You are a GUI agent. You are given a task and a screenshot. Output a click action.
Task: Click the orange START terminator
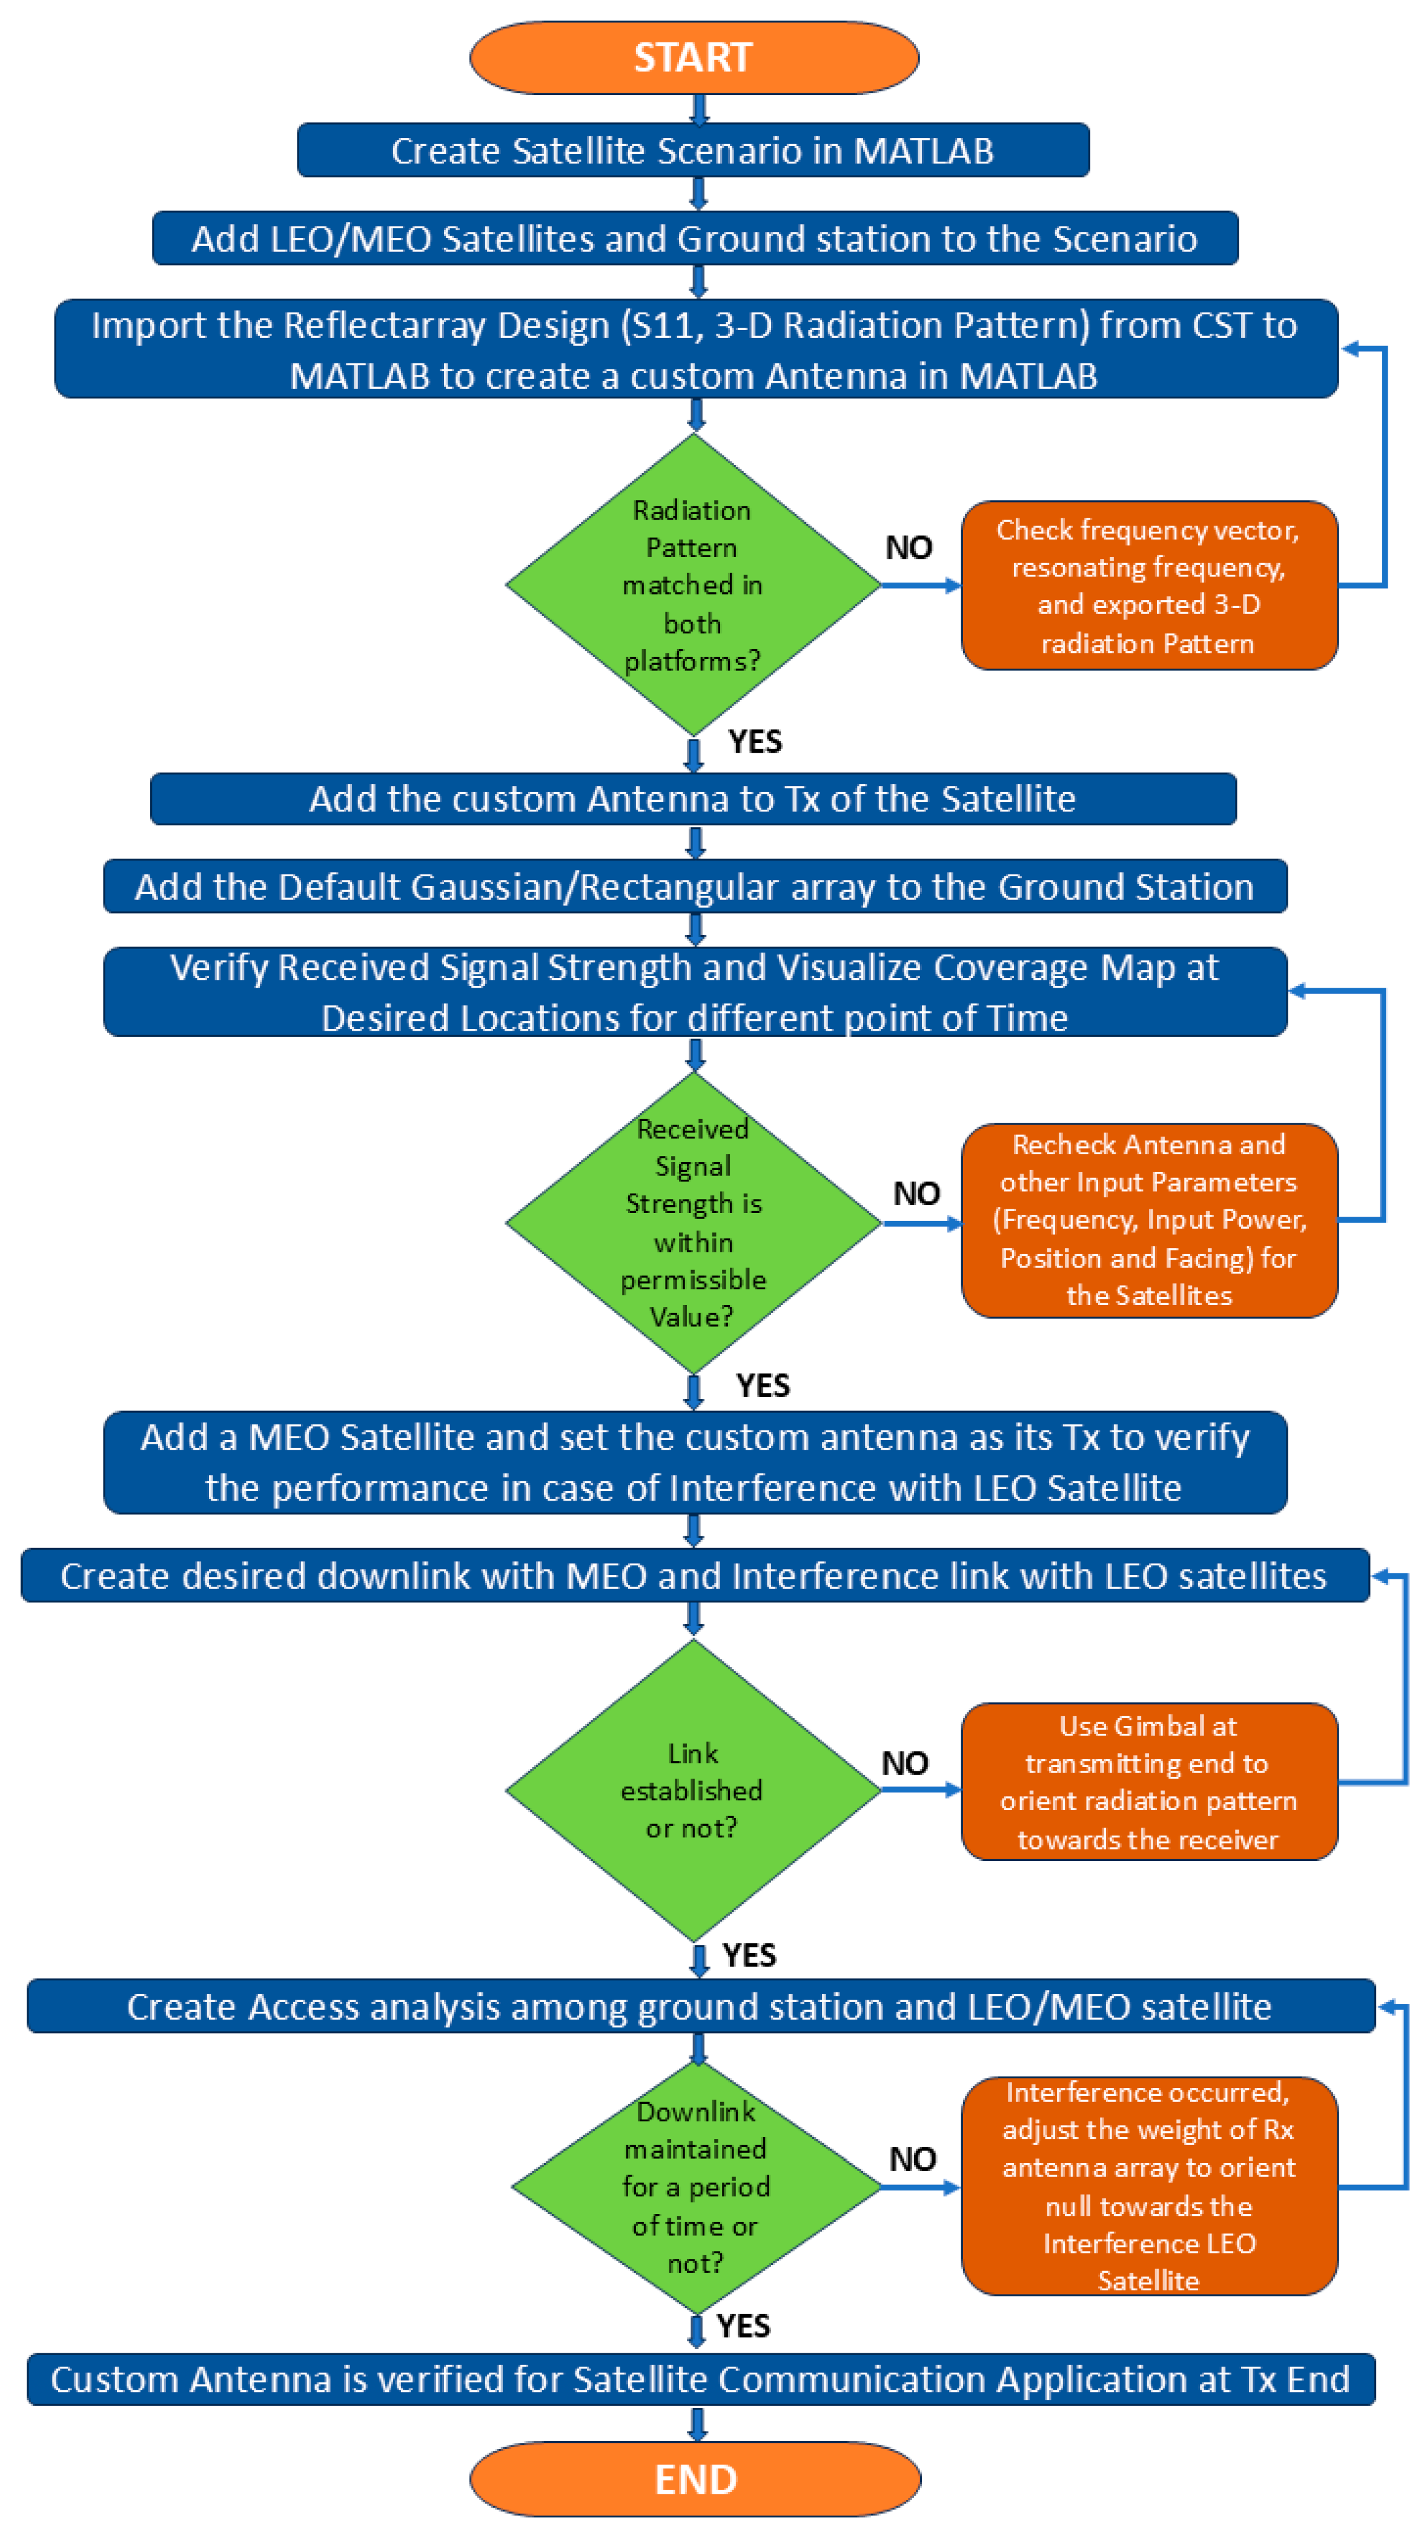coord(694,57)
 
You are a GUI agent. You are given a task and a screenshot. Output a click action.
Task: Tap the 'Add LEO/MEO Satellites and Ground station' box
coord(695,239)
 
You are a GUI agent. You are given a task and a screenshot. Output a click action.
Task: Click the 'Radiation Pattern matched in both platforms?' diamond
coord(693,584)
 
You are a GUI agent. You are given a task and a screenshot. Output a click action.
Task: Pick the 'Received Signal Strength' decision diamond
coord(693,1221)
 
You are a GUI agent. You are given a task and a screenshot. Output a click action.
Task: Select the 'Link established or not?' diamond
coord(693,1790)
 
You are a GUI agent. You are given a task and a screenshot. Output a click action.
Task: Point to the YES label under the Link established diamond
coord(749,1955)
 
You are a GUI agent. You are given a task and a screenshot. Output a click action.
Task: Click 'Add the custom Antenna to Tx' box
coord(693,798)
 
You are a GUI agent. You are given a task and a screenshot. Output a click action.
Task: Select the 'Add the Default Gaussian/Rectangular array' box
coord(695,887)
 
